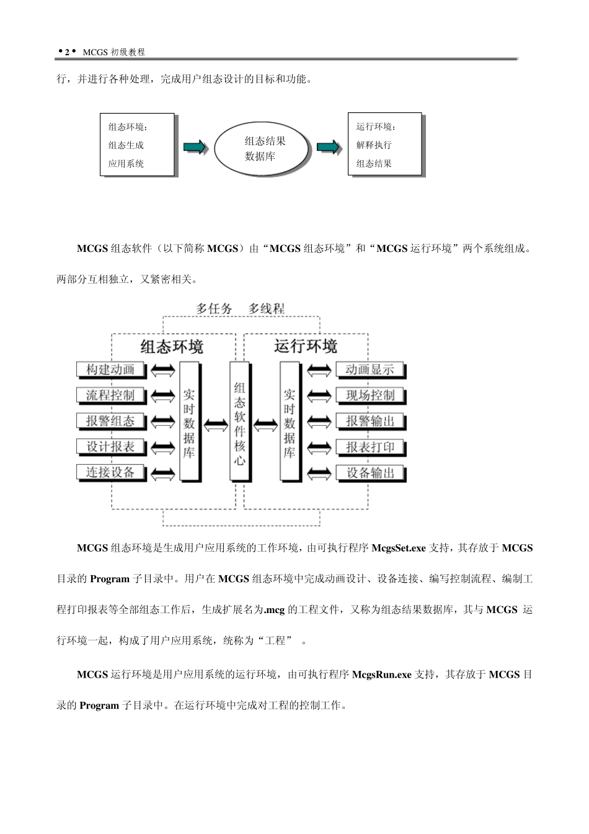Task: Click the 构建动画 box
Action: click(x=110, y=370)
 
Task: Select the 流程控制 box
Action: click(x=110, y=395)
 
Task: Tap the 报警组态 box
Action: click(x=110, y=421)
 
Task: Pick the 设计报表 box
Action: click(x=110, y=447)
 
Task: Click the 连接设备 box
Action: click(x=110, y=472)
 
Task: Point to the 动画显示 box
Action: click(x=370, y=370)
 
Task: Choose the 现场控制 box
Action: click(x=370, y=395)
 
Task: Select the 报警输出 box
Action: click(x=370, y=421)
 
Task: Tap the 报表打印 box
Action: click(x=370, y=447)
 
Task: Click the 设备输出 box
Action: click(x=370, y=473)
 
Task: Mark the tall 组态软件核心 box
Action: click(x=240, y=422)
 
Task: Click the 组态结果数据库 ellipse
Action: click(x=262, y=149)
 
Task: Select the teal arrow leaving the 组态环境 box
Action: click(x=194, y=146)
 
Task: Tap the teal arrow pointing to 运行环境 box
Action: click(x=329, y=146)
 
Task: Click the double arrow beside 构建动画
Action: click(x=162, y=370)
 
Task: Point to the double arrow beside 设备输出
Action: click(x=319, y=473)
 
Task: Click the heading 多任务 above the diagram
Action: click(x=215, y=308)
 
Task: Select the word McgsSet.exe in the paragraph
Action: click(x=398, y=548)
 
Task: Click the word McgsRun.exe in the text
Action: click(x=381, y=675)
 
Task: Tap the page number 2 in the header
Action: click(x=66, y=53)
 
